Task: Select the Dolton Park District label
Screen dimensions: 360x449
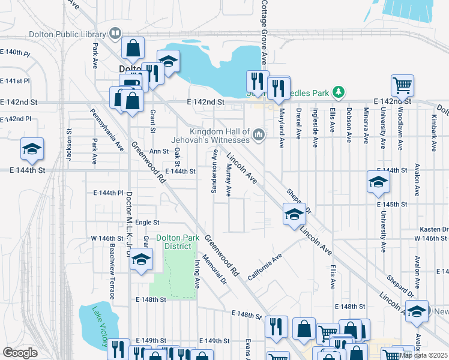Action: [178, 242]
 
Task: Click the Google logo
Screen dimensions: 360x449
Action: [20, 352]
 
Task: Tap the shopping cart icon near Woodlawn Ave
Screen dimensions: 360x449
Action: [402, 85]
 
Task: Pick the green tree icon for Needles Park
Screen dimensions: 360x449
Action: [339, 92]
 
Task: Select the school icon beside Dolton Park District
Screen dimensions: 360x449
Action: [141, 260]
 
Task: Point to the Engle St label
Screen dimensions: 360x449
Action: [146, 222]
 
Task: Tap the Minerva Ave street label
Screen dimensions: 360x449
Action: [366, 126]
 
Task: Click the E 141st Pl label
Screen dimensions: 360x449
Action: [15, 81]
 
